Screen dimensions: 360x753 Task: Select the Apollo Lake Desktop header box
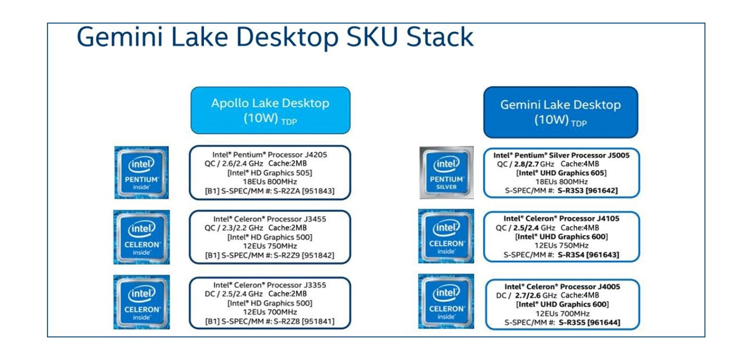coord(270,110)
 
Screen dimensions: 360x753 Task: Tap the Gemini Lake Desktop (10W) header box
coord(560,112)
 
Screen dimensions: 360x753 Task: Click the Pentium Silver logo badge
coord(446,172)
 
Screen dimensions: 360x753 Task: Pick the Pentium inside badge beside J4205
coord(141,172)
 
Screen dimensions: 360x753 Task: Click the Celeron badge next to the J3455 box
coord(141,237)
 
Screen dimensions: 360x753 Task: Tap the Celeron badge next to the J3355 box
coord(141,302)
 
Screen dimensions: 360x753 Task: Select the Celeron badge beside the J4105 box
coord(446,236)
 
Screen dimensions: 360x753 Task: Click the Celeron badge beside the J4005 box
coord(446,301)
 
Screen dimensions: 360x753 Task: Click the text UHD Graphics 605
coord(575,173)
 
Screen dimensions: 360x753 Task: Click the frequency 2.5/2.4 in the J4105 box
coord(527,228)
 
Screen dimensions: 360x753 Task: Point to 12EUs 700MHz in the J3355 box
coord(270,312)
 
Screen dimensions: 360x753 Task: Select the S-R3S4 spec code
coord(572,255)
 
